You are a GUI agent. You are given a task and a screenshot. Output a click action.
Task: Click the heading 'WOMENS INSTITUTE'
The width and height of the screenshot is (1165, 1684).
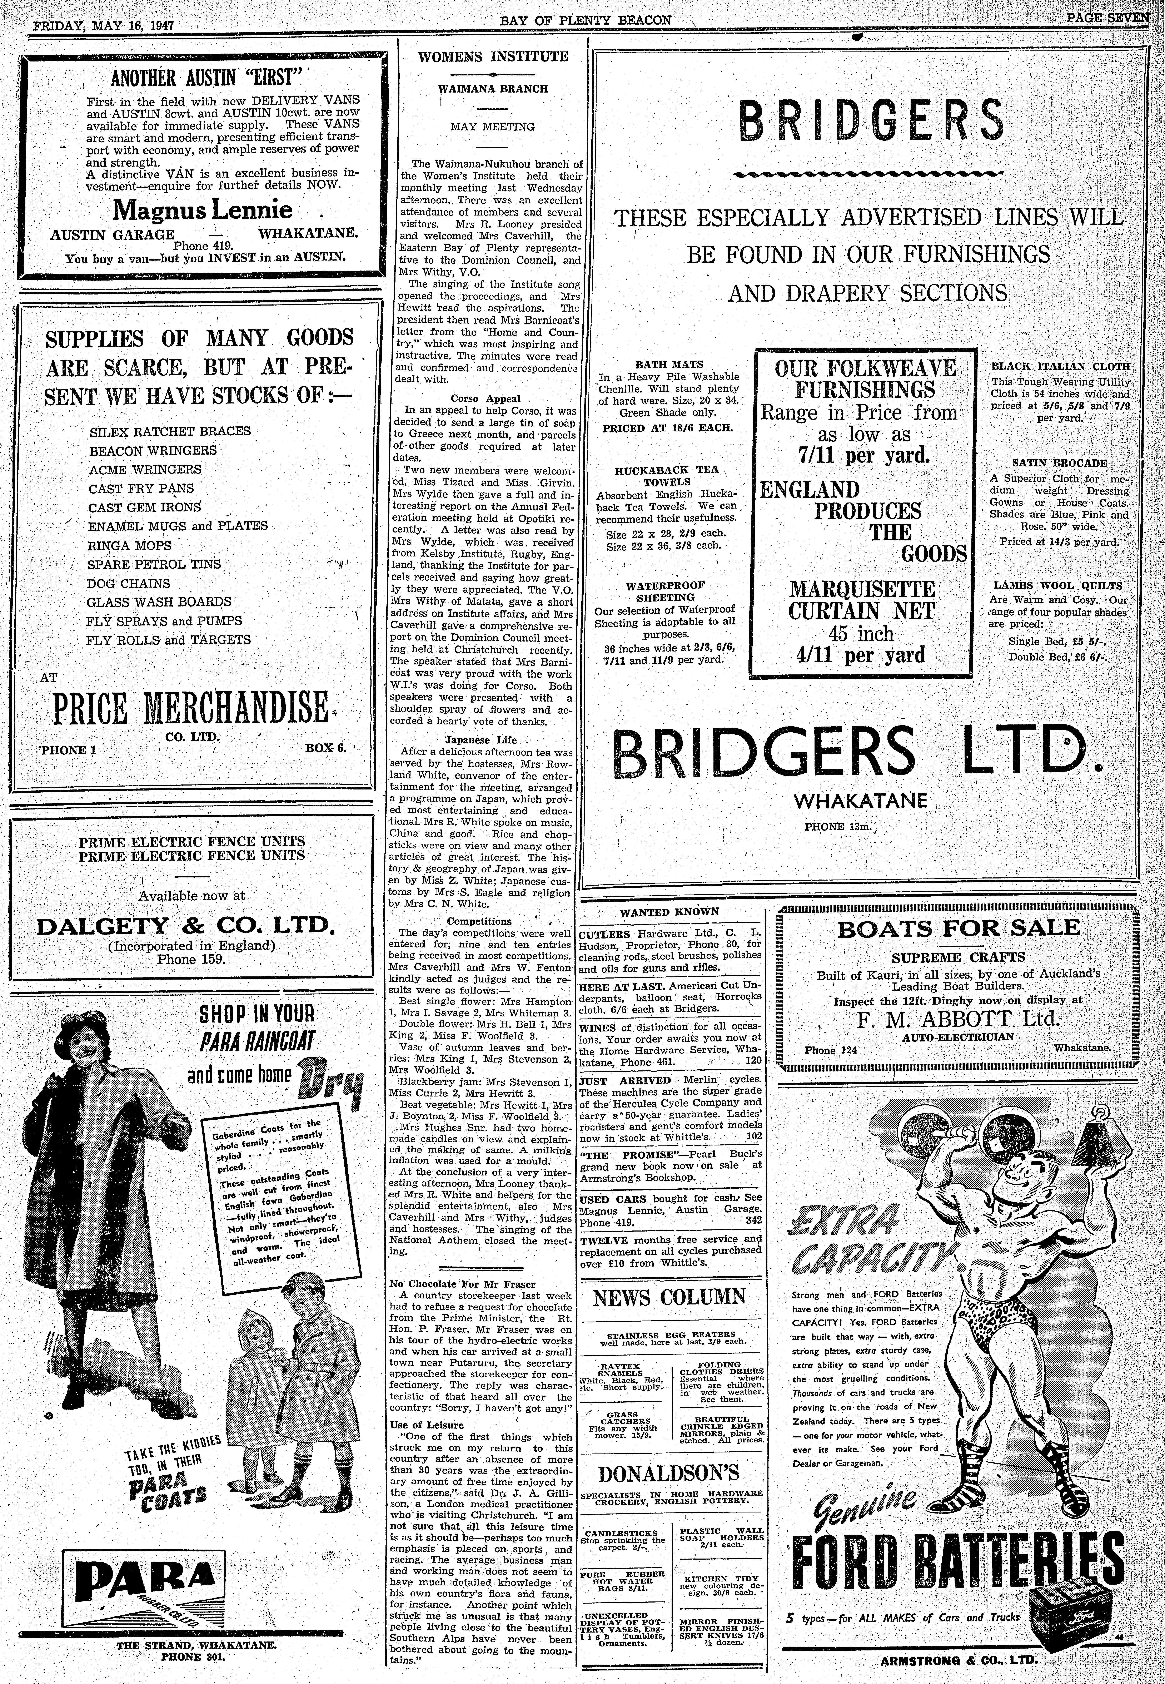pos(493,56)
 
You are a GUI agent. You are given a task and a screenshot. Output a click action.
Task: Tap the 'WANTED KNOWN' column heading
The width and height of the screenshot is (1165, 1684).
pos(669,912)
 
